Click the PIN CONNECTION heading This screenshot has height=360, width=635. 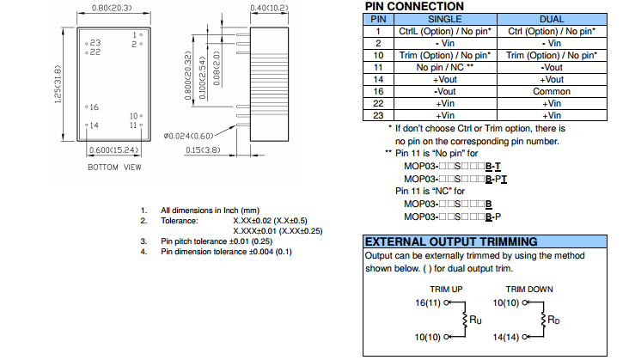click(x=414, y=6)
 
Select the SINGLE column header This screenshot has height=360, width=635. click(x=443, y=18)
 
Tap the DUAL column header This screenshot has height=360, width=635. click(x=552, y=18)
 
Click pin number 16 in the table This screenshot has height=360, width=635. click(x=377, y=91)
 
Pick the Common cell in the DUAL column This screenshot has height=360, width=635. click(x=552, y=91)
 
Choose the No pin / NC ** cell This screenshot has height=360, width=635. click(x=444, y=66)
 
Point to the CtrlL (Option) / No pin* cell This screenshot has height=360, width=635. click(x=444, y=30)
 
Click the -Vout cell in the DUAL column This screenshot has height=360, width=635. click(x=552, y=66)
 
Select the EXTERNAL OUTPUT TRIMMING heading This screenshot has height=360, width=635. click(x=451, y=241)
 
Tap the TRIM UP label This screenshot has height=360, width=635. click(x=446, y=289)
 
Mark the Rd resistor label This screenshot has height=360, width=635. click(x=559, y=320)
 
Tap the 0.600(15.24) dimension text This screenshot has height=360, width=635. click(x=113, y=150)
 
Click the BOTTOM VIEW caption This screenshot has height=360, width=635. click(x=114, y=167)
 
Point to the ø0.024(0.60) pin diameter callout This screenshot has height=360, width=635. click(x=187, y=136)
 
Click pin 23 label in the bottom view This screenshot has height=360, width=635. click(x=95, y=42)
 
